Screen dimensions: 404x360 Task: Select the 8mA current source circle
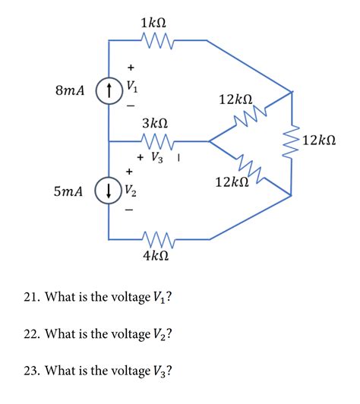(109, 90)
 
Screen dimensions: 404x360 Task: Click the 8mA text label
(71, 90)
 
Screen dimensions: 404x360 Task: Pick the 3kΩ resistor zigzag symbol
(158, 140)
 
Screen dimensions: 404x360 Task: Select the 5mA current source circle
(109, 191)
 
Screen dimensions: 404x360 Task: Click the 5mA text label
(69, 192)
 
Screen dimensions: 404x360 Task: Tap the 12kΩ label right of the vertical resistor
(324, 140)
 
